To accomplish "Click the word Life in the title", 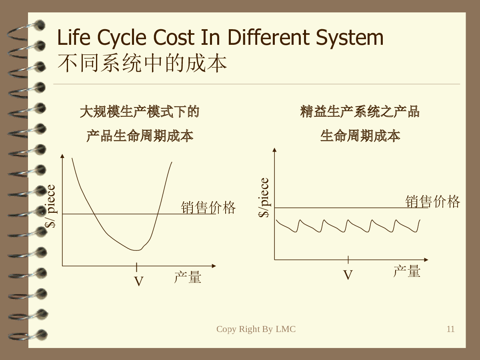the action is tap(74, 37).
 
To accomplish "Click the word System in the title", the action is tap(350, 38).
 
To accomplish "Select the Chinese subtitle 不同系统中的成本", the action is tap(142, 63).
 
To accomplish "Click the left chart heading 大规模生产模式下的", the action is tap(140, 112).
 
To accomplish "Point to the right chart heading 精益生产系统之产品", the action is tap(360, 112).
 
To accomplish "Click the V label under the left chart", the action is tap(139, 281).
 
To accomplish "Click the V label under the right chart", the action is tap(348, 275).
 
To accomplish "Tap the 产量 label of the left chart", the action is tap(188, 277).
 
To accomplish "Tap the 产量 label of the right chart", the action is tap(407, 271).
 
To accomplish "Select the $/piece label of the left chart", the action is tap(50, 206).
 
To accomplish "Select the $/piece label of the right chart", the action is tap(264, 198).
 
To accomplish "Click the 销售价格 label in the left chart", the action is tap(208, 208).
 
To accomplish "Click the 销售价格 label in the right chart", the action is tap(433, 201).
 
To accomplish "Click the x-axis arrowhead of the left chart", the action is tap(214, 266).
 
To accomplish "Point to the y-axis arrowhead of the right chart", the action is tap(274, 150).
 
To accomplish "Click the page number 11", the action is tap(450, 329).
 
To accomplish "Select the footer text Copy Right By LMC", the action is tap(256, 329).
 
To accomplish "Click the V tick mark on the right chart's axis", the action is tap(348, 260).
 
